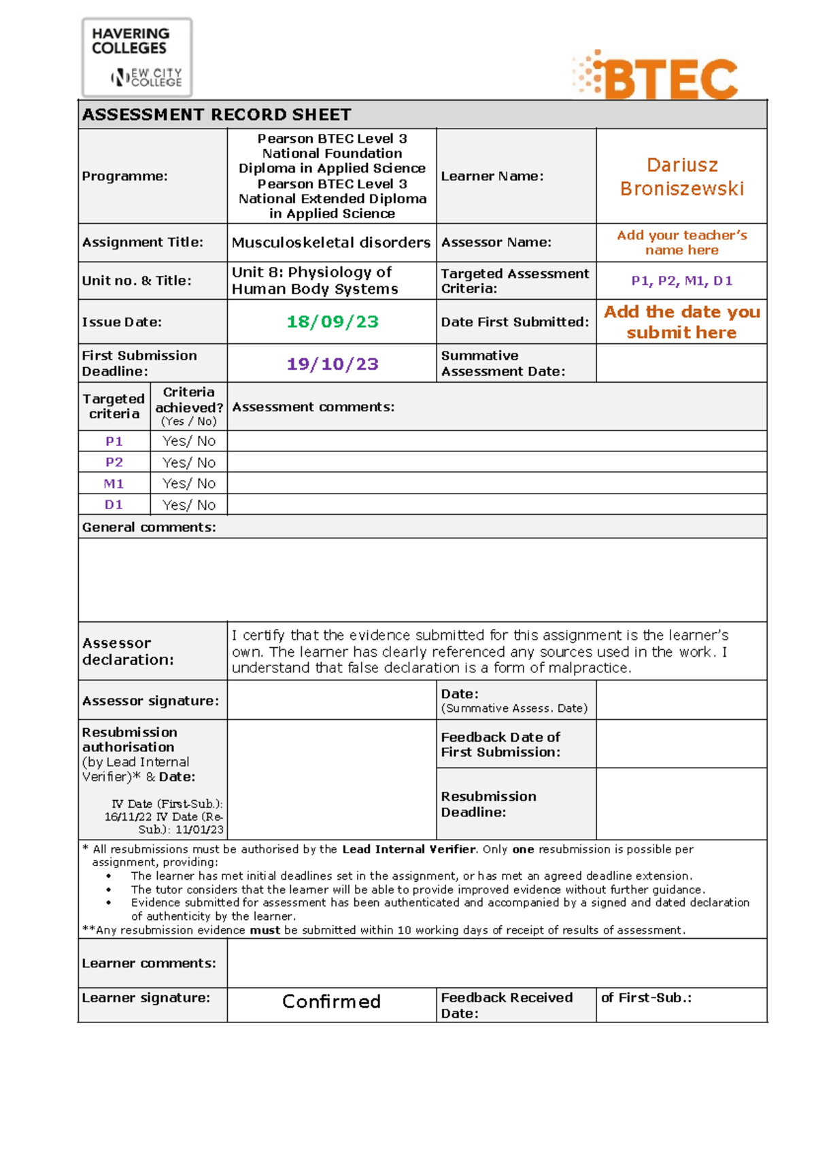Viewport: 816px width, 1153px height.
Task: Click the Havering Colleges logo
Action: (137, 58)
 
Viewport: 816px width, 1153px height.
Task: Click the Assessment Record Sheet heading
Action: (217, 114)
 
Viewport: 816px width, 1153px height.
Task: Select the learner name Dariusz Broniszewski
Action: (681, 177)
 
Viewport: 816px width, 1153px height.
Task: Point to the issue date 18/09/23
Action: (332, 322)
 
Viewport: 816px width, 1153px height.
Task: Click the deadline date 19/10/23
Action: (332, 364)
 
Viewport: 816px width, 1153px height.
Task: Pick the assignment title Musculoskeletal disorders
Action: (331, 243)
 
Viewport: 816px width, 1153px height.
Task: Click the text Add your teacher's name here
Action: (681, 243)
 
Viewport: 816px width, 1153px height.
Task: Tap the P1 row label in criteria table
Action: (114, 441)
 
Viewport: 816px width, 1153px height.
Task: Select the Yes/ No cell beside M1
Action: (189, 483)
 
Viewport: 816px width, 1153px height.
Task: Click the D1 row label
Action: (114, 504)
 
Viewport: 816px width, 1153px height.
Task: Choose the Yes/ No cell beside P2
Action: (189, 462)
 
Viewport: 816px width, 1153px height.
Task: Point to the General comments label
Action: (149, 527)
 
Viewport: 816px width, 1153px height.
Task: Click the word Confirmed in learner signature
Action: (331, 1001)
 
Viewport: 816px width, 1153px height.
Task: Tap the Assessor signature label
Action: (150, 700)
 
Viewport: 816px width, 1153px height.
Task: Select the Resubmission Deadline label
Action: (488, 804)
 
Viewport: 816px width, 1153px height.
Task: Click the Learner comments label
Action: (149, 963)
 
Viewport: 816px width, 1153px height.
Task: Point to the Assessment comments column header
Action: (313, 407)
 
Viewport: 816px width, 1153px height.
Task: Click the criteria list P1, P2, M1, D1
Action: (681, 281)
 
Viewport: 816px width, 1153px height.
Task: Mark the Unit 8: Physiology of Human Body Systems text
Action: (315, 280)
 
